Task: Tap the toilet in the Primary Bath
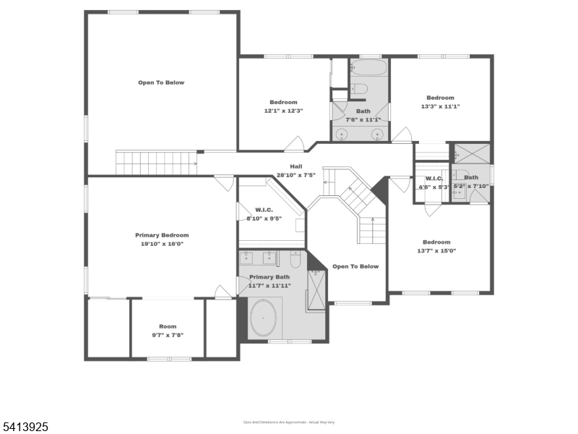point(295,259)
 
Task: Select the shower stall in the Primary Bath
point(316,290)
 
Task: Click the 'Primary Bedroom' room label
point(162,235)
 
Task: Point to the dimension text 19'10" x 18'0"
point(162,244)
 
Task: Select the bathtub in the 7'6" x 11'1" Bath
point(369,69)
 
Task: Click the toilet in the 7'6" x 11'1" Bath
point(359,89)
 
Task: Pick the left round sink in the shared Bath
point(342,134)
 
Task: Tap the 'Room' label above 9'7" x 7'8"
point(168,326)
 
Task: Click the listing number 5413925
point(25,427)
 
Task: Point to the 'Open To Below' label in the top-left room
point(161,82)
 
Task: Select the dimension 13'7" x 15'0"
point(436,251)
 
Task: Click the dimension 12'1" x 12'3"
point(283,111)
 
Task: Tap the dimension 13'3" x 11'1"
point(440,106)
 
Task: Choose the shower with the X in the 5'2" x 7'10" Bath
point(471,153)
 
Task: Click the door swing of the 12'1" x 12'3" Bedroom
point(294,145)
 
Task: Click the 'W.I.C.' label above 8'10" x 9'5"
point(263,210)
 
